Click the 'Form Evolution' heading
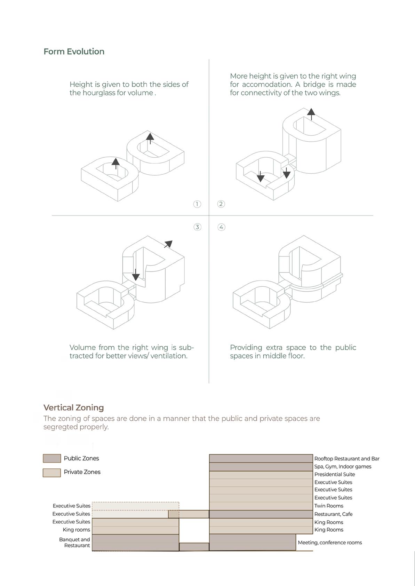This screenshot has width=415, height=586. (x=74, y=52)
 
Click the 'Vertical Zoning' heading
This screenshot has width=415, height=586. (x=73, y=407)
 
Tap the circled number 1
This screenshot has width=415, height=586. (x=197, y=204)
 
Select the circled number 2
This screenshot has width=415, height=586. (x=221, y=204)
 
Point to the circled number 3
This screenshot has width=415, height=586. (x=197, y=227)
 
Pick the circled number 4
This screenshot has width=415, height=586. (x=221, y=227)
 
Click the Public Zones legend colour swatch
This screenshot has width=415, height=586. (x=51, y=458)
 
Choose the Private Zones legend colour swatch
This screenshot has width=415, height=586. (x=51, y=472)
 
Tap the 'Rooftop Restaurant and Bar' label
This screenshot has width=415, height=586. (x=346, y=459)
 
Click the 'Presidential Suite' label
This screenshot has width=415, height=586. (x=334, y=474)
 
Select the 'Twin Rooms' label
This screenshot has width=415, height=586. (x=328, y=506)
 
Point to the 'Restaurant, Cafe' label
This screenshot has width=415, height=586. (x=333, y=514)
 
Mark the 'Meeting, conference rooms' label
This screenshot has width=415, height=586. (x=329, y=543)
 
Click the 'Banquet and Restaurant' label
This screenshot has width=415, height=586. (x=74, y=543)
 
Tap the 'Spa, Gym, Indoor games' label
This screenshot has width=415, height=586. (x=343, y=467)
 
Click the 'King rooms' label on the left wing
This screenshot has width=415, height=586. (x=76, y=530)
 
